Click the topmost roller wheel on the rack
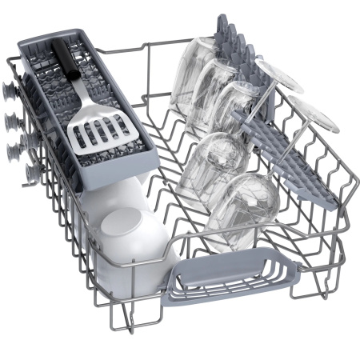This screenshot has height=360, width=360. (11, 90)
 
